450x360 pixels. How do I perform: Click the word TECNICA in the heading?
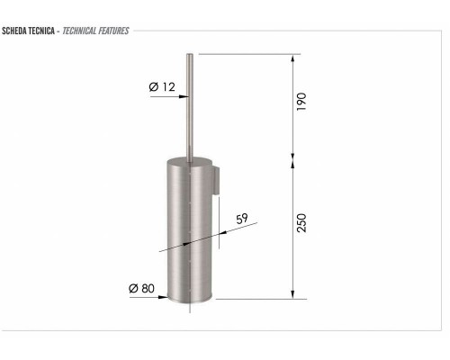[42, 31]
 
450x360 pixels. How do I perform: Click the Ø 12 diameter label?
[162, 86]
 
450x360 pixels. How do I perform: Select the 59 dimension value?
[241, 219]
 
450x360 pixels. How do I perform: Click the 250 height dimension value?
[301, 221]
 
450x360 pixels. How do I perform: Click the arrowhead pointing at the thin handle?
[184, 97]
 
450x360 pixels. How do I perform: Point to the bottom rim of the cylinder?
[190, 301]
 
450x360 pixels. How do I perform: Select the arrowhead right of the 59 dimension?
[220, 233]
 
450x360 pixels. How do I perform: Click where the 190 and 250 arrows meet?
[292, 164]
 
